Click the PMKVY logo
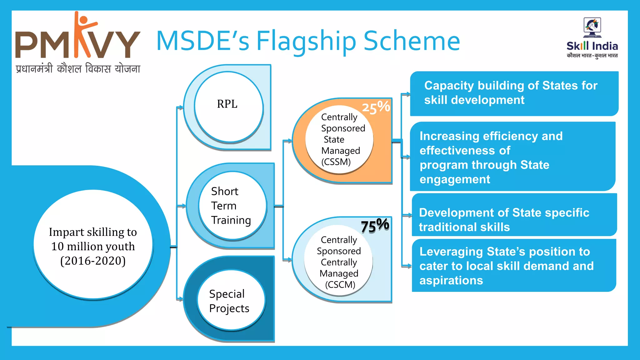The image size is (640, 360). pyautogui.click(x=77, y=42)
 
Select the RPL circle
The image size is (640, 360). pyautogui.click(x=228, y=106)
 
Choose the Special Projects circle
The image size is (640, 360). pyautogui.click(x=231, y=300)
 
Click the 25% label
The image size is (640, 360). pyautogui.click(x=376, y=107)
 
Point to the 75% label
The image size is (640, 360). pyautogui.click(x=375, y=226)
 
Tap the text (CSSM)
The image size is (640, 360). pyautogui.click(x=336, y=162)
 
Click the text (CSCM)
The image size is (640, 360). pyautogui.click(x=340, y=285)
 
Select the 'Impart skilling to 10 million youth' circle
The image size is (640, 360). pyautogui.click(x=93, y=244)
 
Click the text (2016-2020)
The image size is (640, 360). pyautogui.click(x=93, y=261)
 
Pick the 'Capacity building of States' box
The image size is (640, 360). pyautogui.click(x=514, y=93)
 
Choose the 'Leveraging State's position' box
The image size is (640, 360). pyautogui.click(x=514, y=266)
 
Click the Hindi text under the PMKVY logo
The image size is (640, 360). pyautogui.click(x=78, y=68)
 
